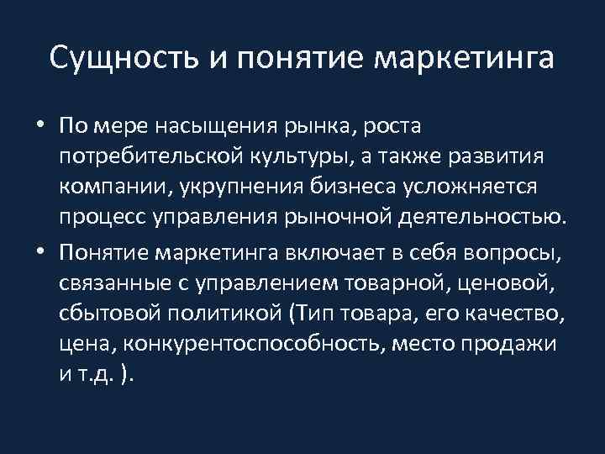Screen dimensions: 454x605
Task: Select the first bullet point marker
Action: (39, 127)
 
